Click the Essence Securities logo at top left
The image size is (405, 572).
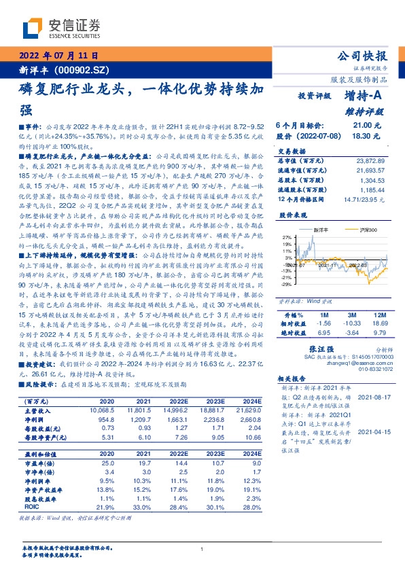pyautogui.click(x=60, y=28)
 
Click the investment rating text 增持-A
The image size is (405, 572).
pyautogui.click(x=366, y=96)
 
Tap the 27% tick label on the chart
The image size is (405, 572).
pyautogui.click(x=287, y=237)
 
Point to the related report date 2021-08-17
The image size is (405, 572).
pyautogui.click(x=374, y=395)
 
